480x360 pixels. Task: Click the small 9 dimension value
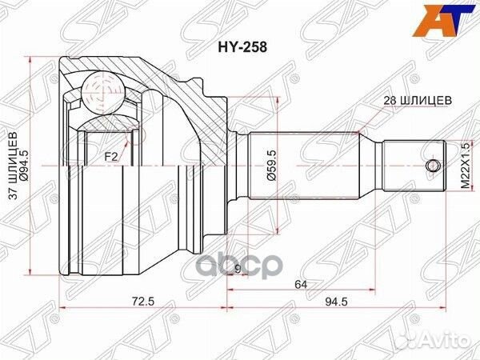tap(238, 268)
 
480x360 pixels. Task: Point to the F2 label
tap(110, 156)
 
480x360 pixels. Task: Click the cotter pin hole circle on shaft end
tap(433, 166)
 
